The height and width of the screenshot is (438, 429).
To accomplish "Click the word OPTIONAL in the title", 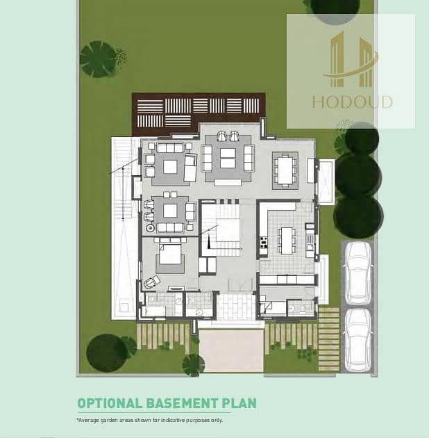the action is tap(110, 403).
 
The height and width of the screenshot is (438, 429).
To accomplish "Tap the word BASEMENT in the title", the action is tap(182, 403).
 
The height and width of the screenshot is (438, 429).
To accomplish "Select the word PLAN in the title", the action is tap(239, 403).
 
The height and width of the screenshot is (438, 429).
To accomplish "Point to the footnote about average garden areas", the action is tap(149, 420).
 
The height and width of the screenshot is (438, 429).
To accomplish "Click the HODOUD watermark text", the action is tap(353, 102).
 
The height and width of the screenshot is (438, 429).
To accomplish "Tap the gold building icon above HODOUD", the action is tap(351, 59).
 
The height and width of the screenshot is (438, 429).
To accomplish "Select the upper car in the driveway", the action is tap(358, 273).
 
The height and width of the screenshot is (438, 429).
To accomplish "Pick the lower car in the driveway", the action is tap(358, 340).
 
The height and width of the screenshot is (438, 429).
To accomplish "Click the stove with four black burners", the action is tap(263, 242).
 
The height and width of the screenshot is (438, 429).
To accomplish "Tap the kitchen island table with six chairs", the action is tap(287, 241).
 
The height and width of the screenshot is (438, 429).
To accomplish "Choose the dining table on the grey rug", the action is tap(285, 170).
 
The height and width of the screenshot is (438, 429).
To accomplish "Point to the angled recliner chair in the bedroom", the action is tap(152, 282).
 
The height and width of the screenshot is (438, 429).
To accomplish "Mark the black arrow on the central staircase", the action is tap(209, 241).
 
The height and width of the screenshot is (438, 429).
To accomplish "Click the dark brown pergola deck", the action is tap(198, 113).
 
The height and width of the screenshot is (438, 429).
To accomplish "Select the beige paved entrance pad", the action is tap(231, 350).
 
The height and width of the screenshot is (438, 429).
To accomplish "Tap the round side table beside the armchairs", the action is tap(151, 228).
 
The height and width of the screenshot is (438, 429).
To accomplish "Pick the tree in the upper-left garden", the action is tap(99, 59).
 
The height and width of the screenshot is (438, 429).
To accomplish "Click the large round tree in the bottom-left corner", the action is tap(106, 353).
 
